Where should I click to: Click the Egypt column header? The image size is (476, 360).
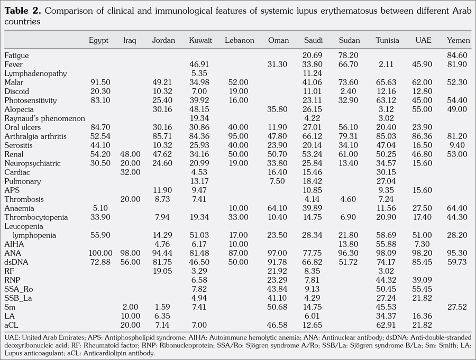pos(99,41)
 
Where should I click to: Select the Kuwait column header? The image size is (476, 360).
pos(200,41)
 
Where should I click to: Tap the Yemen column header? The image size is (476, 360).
pos(457,41)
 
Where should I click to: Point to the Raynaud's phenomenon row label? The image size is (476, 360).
pos(44,118)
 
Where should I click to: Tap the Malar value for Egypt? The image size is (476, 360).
pos(99,82)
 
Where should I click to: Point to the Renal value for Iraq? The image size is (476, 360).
pos(130,154)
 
